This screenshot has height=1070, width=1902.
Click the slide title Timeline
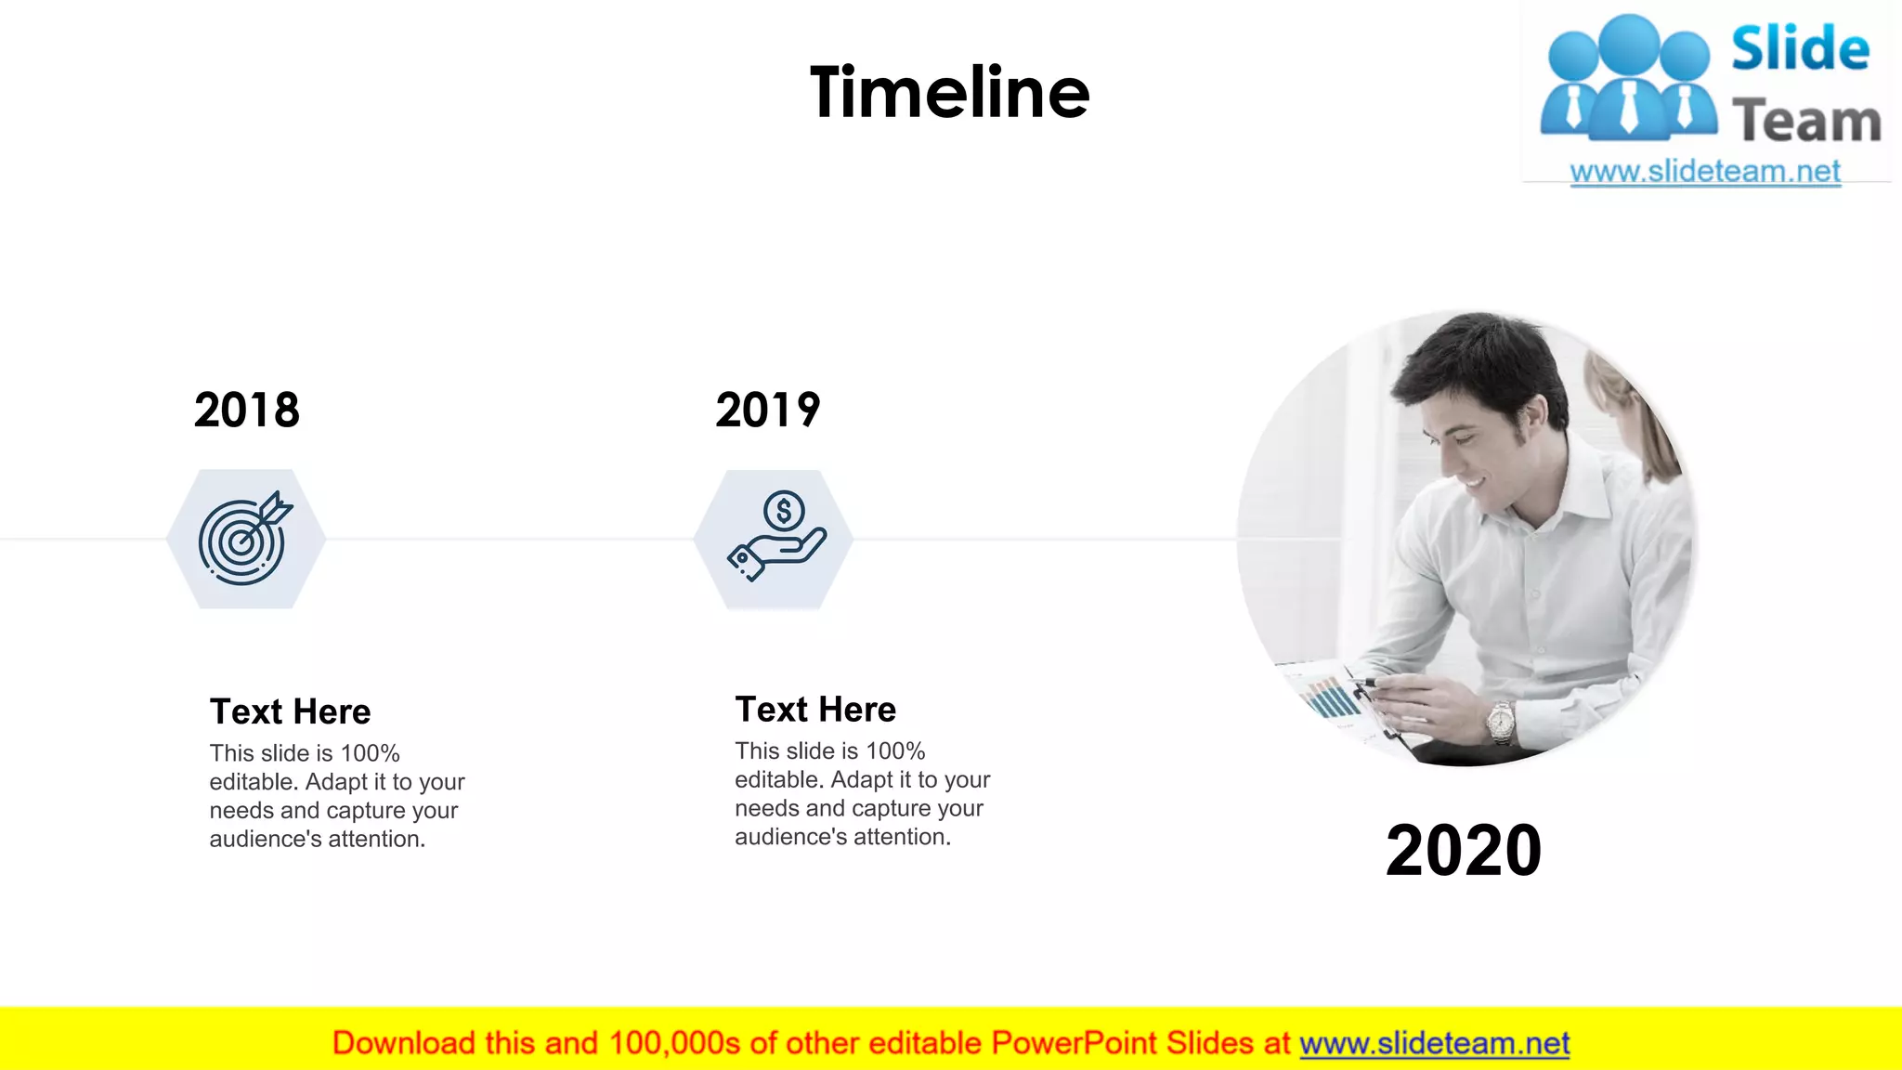(949, 93)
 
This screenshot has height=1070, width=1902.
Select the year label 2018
(247, 410)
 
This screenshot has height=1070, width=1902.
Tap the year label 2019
(768, 410)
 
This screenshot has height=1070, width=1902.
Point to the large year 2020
(1464, 850)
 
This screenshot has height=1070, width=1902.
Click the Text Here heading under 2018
(290, 711)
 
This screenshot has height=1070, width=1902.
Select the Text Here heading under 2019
(815, 710)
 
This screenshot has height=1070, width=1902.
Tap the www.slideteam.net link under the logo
(1705, 172)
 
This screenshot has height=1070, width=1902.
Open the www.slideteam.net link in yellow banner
(1434, 1044)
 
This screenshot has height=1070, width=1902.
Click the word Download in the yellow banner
(403, 1044)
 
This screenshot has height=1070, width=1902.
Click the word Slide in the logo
(1800, 50)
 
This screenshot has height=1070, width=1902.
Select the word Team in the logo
(1806, 122)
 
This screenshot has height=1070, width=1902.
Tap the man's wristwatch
(1500, 721)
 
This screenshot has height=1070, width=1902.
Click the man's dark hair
(1477, 362)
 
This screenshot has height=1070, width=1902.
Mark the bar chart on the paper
(1328, 697)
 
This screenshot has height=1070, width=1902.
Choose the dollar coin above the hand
(784, 510)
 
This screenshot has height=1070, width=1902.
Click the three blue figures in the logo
(1628, 79)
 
